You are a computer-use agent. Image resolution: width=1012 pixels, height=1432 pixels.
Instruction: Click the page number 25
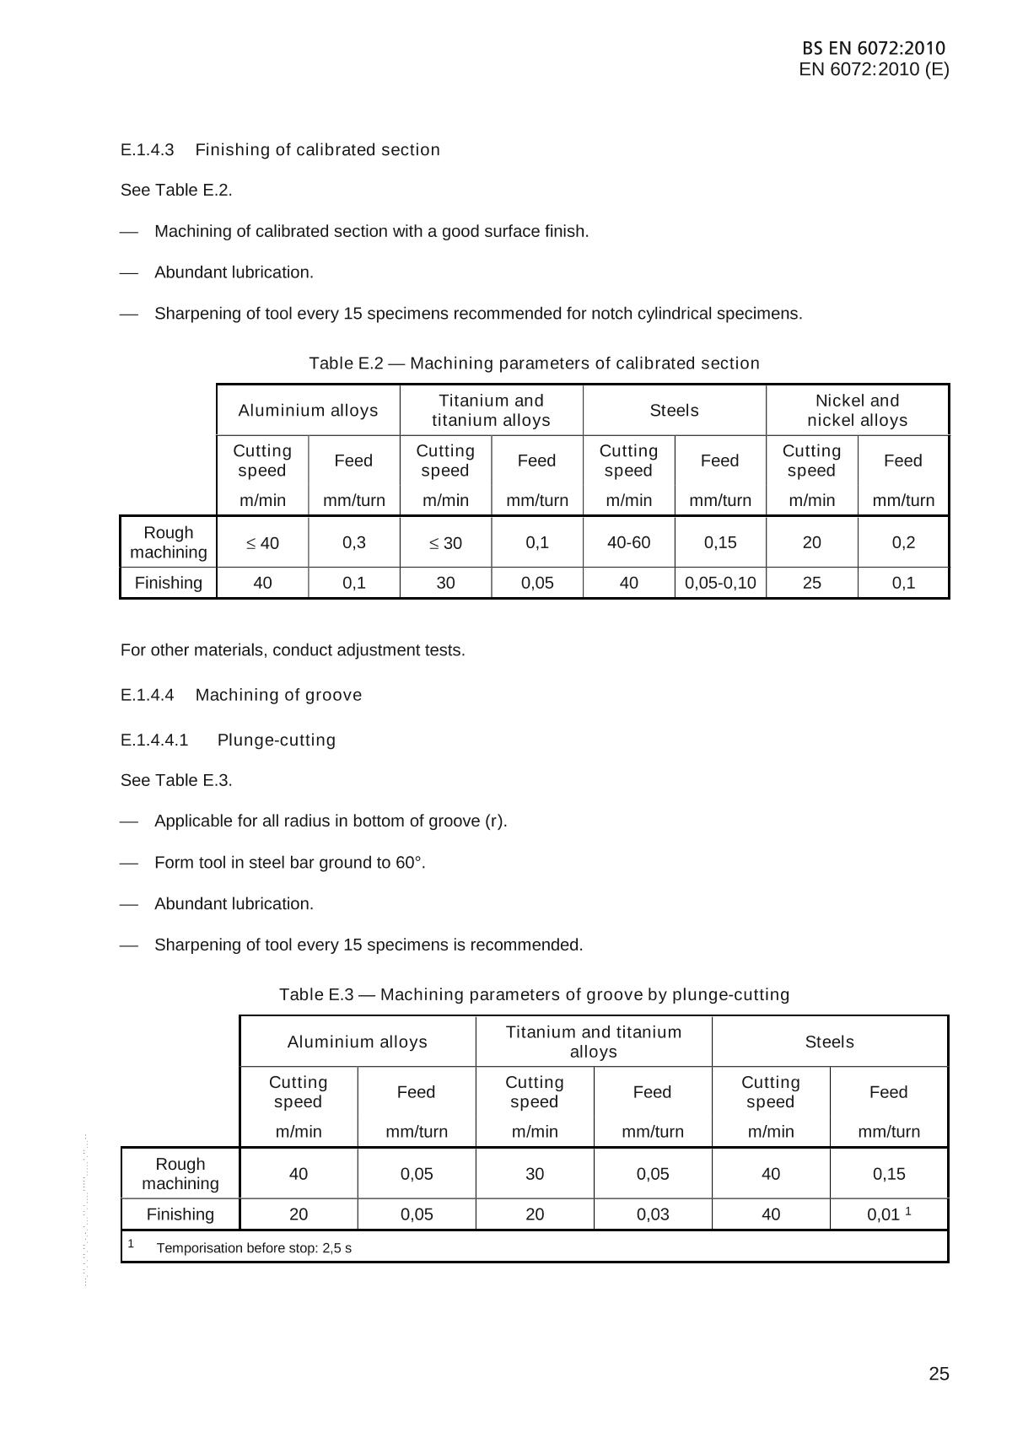939,1375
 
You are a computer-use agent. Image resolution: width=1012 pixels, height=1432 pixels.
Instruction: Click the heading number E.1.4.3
147,150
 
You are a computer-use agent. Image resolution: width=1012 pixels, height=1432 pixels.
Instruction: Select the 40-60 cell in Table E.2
628,542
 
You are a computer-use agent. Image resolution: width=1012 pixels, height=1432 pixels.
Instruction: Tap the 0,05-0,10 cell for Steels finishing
720,583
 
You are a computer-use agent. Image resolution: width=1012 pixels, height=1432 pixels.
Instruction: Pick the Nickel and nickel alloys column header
857,411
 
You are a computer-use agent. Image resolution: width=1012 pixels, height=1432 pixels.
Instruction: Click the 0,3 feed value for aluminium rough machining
354,542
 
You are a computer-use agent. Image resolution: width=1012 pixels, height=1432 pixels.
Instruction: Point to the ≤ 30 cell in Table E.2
445,543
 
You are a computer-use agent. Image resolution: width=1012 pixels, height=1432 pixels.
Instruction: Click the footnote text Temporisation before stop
254,1248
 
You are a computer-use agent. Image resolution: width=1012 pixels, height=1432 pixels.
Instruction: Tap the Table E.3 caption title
534,995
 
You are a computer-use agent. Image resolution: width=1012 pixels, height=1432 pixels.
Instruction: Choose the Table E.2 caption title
534,363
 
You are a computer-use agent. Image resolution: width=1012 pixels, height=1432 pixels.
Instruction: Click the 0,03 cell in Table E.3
653,1214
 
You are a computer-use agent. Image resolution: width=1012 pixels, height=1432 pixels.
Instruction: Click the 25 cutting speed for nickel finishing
811,583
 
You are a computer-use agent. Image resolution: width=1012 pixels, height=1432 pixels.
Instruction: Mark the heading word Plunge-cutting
276,740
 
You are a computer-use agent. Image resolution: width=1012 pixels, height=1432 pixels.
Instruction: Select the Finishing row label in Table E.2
169,583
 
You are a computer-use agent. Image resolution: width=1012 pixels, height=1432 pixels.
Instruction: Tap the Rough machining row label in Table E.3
180,1174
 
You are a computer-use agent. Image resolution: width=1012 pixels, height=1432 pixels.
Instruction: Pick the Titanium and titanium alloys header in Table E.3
593,1042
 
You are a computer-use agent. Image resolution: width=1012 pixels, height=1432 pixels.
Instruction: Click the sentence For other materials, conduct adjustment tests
293,650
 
